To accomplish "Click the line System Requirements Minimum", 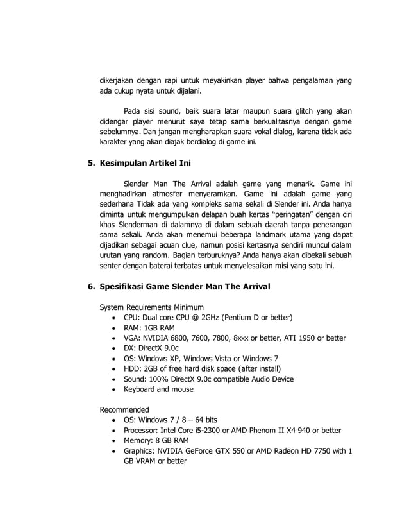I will (x=151, y=306).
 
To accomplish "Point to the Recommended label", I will (x=124, y=409).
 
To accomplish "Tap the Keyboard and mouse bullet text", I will (x=158, y=389).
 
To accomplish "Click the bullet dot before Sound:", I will (x=113, y=379).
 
